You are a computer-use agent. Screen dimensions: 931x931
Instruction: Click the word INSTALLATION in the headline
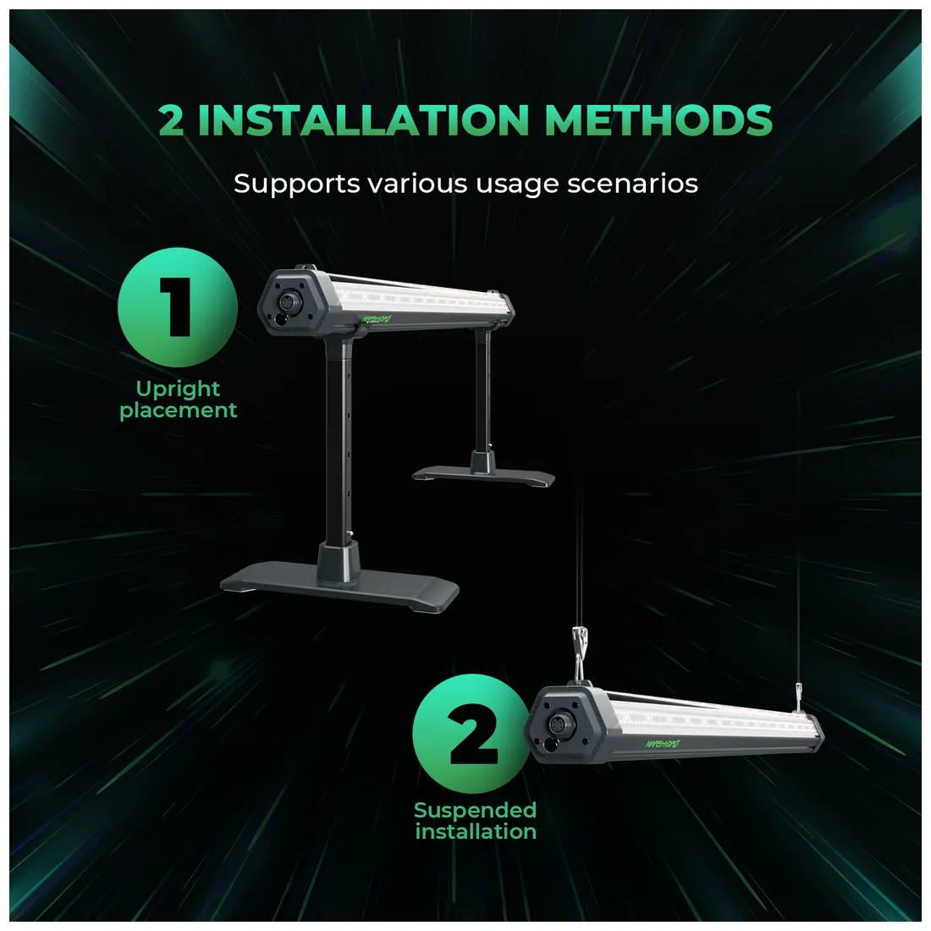tap(363, 120)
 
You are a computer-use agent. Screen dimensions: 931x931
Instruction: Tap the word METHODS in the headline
tap(658, 120)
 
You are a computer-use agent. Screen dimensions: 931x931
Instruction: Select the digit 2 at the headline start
tap(170, 120)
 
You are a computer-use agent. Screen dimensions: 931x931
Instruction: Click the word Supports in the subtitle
tap(296, 184)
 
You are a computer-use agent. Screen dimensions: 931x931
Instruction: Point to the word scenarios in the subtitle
tap(632, 184)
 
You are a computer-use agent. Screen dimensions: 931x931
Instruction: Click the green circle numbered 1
tap(178, 307)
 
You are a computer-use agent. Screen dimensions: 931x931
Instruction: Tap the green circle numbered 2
tap(472, 733)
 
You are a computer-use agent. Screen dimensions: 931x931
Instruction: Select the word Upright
tap(178, 390)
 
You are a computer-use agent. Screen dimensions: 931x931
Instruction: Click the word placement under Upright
tap(178, 410)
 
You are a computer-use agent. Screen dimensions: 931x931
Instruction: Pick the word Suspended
tap(475, 811)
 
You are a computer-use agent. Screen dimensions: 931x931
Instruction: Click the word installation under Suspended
tap(476, 831)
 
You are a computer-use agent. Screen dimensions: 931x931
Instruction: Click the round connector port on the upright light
tap(290, 301)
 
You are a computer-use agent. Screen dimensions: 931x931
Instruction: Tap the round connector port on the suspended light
tap(558, 725)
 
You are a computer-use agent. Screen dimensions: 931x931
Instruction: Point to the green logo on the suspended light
tap(663, 743)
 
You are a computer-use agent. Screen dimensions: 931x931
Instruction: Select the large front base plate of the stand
tap(339, 587)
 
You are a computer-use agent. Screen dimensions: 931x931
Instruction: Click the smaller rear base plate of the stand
tap(483, 477)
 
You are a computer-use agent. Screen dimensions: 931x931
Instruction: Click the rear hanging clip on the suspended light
tap(799, 696)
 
